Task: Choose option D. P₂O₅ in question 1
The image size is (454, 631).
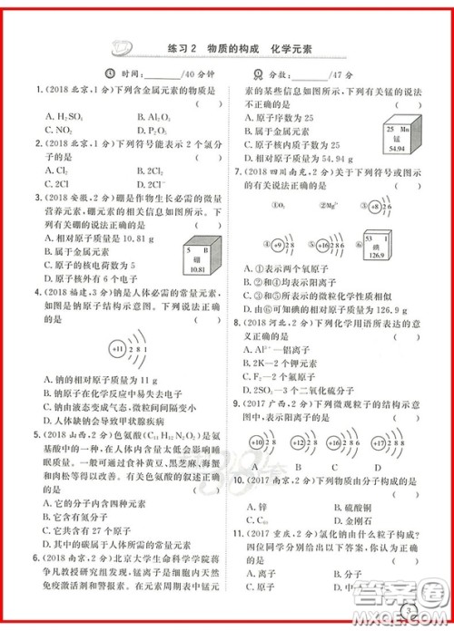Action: point(151,130)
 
